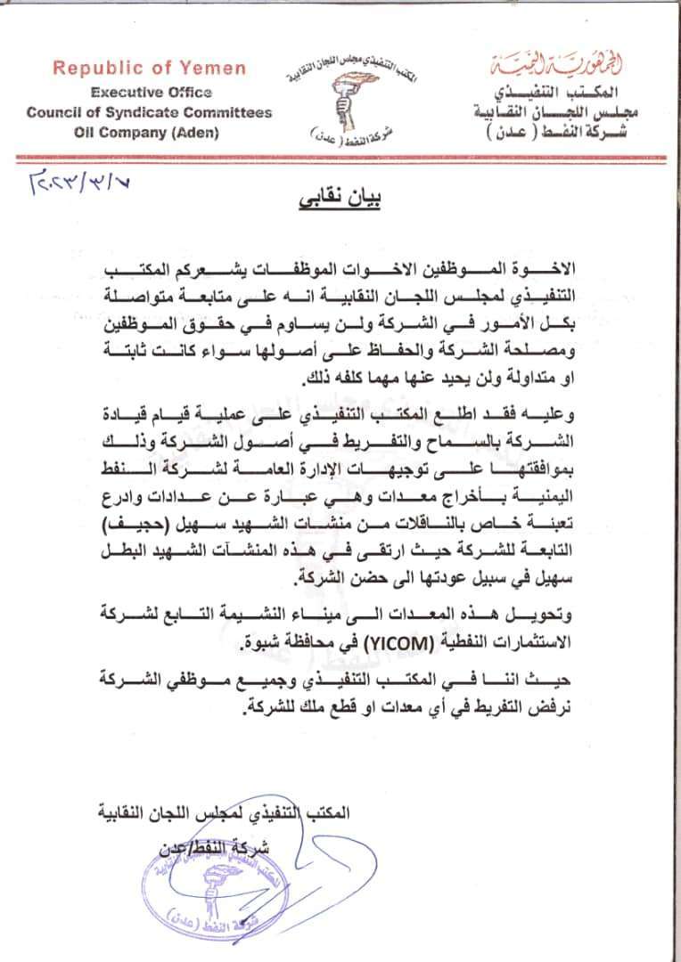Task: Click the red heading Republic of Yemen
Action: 150,68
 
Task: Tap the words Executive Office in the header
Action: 149,92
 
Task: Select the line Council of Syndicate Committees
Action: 149,113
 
